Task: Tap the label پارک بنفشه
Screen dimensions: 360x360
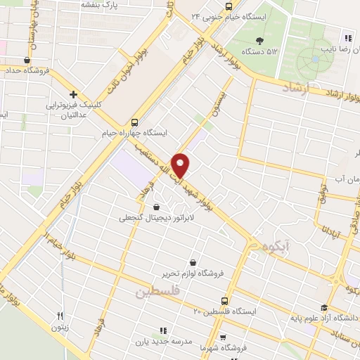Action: [x=96, y=4]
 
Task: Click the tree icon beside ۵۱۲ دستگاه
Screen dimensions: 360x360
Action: [x=260, y=40]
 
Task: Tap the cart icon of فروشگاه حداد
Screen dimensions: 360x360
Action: [x=26, y=60]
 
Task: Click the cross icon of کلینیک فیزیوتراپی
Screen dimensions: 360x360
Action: [x=73, y=95]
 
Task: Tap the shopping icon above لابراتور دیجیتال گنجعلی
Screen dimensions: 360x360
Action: [x=155, y=207]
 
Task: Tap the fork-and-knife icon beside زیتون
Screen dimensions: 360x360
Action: [x=60, y=316]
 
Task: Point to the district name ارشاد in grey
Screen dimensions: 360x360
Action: [x=295, y=88]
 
